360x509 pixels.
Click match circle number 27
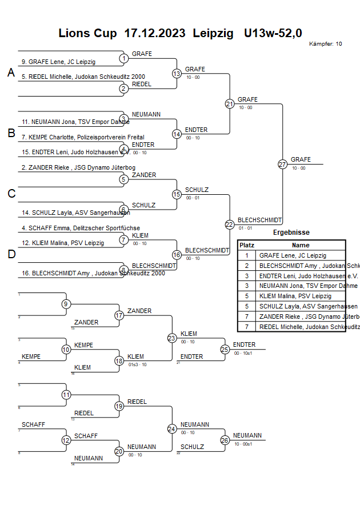point(282,164)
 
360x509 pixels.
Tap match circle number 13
point(177,74)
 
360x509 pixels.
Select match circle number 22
point(229,225)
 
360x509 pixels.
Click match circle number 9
point(66,304)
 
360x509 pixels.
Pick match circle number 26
point(225,440)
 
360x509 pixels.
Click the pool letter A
point(11,73)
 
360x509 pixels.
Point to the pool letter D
point(11,254)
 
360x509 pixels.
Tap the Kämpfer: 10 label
point(326,44)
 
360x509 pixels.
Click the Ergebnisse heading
point(291,233)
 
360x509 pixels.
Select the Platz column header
point(247,245)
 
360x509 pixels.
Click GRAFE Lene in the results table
point(293,255)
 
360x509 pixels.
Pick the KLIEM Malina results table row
point(295,296)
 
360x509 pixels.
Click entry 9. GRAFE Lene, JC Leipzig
point(58,62)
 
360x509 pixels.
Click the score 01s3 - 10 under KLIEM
point(137,364)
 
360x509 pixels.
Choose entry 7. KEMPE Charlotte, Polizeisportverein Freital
point(83,137)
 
